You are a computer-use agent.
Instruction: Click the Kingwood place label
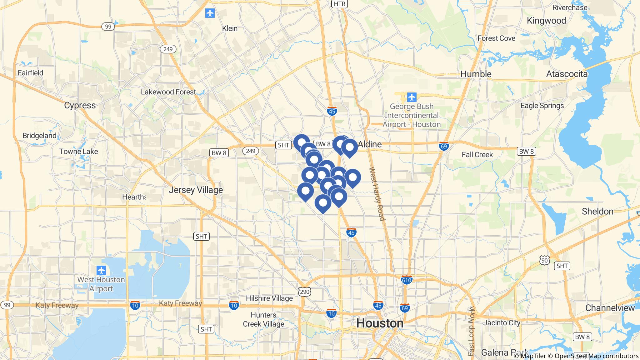pyautogui.click(x=546, y=21)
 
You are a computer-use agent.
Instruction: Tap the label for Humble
pyautogui.click(x=476, y=74)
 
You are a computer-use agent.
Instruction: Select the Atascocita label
pyautogui.click(x=567, y=74)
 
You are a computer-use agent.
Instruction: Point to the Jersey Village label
pyautogui.click(x=196, y=190)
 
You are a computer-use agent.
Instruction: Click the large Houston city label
pyautogui.click(x=380, y=323)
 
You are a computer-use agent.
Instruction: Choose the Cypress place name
pyautogui.click(x=80, y=105)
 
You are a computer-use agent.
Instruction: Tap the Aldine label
pyautogui.click(x=370, y=144)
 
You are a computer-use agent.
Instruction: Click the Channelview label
pyautogui.click(x=610, y=308)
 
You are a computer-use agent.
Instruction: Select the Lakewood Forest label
pyautogui.click(x=168, y=92)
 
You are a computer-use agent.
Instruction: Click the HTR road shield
pyautogui.click(x=340, y=4)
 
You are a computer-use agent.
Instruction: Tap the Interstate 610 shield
pyautogui.click(x=407, y=280)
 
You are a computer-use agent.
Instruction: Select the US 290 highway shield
pyautogui.click(x=305, y=291)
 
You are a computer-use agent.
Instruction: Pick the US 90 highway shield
pyautogui.click(x=544, y=260)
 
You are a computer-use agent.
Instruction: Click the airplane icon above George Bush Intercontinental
pyautogui.click(x=412, y=97)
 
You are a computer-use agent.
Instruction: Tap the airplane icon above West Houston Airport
pyautogui.click(x=101, y=270)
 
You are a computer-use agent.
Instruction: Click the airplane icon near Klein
pyautogui.click(x=210, y=13)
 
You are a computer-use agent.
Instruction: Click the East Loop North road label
pyautogui.click(x=472, y=332)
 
